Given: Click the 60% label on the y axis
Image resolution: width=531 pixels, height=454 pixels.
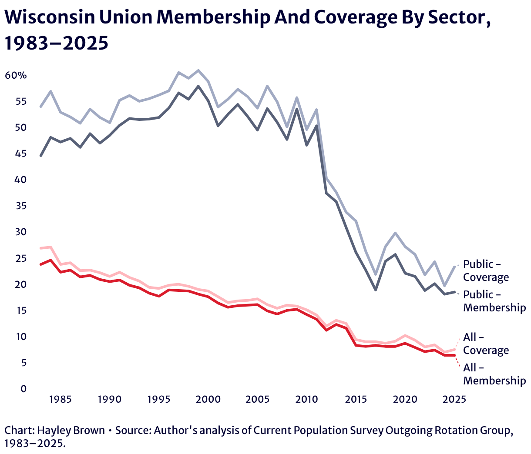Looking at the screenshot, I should (16, 76).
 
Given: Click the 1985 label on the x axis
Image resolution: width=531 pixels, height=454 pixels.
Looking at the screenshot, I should (60, 399).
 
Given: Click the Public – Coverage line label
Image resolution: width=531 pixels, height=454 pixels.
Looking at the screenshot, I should (486, 270).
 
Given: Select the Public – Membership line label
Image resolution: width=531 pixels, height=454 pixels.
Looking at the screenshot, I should (494, 301).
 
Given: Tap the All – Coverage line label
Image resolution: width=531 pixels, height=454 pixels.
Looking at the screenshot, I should (486, 344).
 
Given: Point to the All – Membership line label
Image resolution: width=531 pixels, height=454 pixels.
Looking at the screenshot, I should (494, 374).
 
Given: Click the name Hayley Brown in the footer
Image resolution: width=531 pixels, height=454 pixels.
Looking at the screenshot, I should (71, 431).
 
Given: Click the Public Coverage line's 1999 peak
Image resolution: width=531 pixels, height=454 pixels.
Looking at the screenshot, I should (198, 70).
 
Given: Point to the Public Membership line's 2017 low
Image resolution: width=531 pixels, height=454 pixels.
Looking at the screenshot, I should (376, 290).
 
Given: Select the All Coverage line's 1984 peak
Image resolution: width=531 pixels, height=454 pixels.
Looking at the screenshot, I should (50, 247).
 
